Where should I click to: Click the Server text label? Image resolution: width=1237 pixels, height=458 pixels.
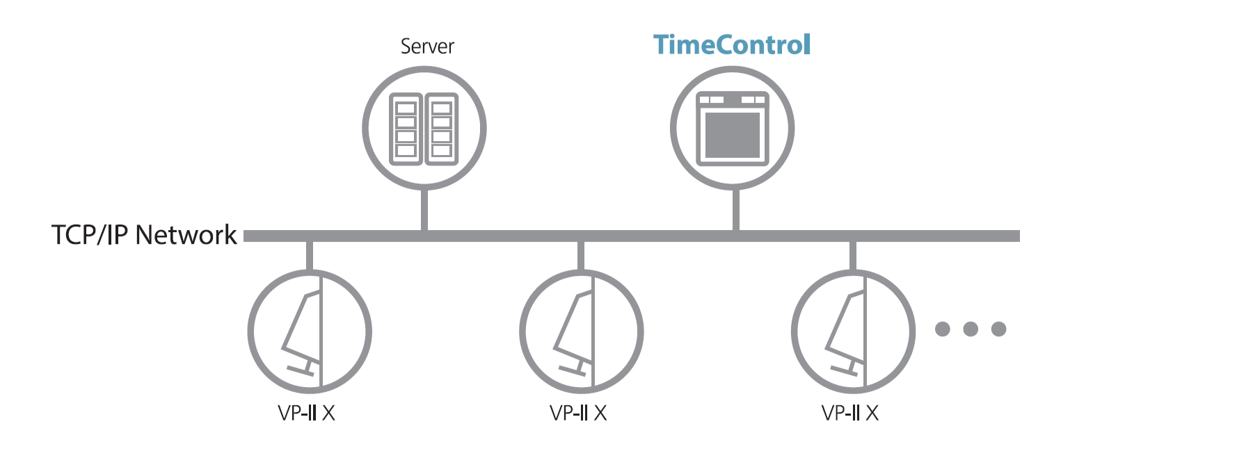coord(426,47)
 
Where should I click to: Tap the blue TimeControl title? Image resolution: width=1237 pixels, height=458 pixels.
coord(732,45)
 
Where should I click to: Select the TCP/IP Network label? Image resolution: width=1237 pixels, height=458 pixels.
coord(144,235)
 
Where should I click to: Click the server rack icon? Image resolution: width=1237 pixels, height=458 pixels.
coord(424,129)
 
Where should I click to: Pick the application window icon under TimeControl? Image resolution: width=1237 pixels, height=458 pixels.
coord(732,129)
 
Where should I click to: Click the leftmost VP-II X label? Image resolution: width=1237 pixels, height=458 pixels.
coord(306,414)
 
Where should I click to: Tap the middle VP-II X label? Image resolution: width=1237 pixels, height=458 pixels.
coord(578,414)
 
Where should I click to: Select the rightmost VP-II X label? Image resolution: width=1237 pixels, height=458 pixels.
coord(850,414)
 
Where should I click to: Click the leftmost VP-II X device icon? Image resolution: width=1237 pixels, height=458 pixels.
coord(310,332)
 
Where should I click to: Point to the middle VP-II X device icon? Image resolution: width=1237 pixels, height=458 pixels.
coord(582,332)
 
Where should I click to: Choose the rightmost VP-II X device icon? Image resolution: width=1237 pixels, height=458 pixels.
coord(853,332)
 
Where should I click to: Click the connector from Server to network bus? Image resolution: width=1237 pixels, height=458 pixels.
coord(424,209)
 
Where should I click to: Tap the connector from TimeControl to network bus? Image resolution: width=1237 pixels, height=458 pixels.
coord(735,209)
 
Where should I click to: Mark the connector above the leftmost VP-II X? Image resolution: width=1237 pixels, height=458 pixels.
coord(310,256)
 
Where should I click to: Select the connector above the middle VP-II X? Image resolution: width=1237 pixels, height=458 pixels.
coord(581,256)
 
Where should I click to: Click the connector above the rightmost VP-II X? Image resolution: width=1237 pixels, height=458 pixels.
coord(853,256)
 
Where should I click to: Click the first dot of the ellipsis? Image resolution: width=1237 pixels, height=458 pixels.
coord(943,329)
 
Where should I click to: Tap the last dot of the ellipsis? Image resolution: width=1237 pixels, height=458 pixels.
coord(999,329)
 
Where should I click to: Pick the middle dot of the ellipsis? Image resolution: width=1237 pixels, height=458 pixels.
coord(971,329)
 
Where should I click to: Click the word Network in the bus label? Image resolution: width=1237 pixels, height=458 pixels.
coord(186,235)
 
